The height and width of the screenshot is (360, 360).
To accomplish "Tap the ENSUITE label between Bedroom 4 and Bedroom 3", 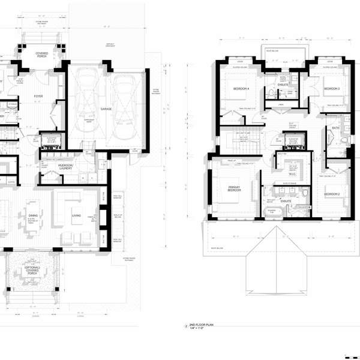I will (x=283, y=85).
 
